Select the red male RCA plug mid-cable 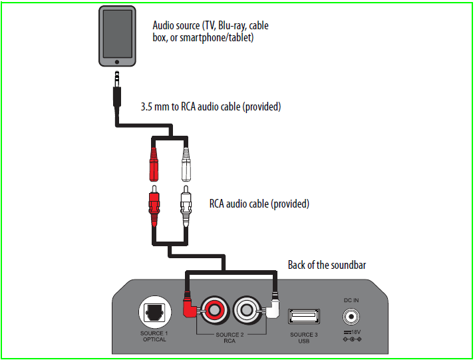[153, 206]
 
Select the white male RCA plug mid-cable [187, 206]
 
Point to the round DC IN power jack [351, 316]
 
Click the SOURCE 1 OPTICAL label [153, 336]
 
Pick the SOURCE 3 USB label [303, 337]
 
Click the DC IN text [351, 300]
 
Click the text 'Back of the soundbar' [327, 265]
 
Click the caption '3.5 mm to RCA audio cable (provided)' [210, 106]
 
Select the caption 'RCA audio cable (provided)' [259, 204]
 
